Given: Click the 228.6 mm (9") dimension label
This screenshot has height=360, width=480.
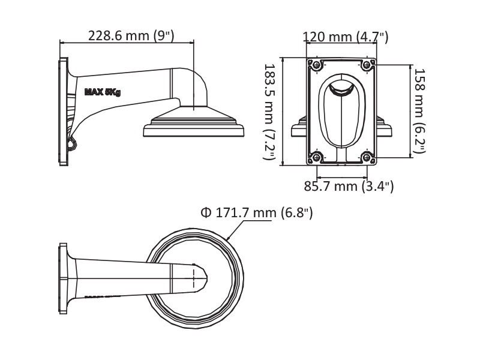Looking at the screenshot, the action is click(131, 35).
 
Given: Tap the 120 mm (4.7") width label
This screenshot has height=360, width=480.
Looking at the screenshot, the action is click(346, 37).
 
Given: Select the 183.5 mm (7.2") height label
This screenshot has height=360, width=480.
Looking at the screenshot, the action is click(269, 112).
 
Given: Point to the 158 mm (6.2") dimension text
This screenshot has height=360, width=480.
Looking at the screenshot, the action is click(419, 111).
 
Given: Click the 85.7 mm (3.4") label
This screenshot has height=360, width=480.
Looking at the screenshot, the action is click(349, 186).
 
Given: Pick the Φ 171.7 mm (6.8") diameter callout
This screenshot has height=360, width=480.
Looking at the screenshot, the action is click(257, 212).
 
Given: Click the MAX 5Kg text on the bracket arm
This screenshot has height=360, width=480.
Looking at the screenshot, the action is click(103, 92).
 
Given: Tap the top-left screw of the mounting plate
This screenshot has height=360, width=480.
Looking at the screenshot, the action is click(316, 65).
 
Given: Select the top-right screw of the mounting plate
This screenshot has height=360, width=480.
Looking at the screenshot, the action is click(367, 65).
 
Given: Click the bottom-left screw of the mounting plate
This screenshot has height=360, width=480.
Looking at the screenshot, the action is click(316, 158).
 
